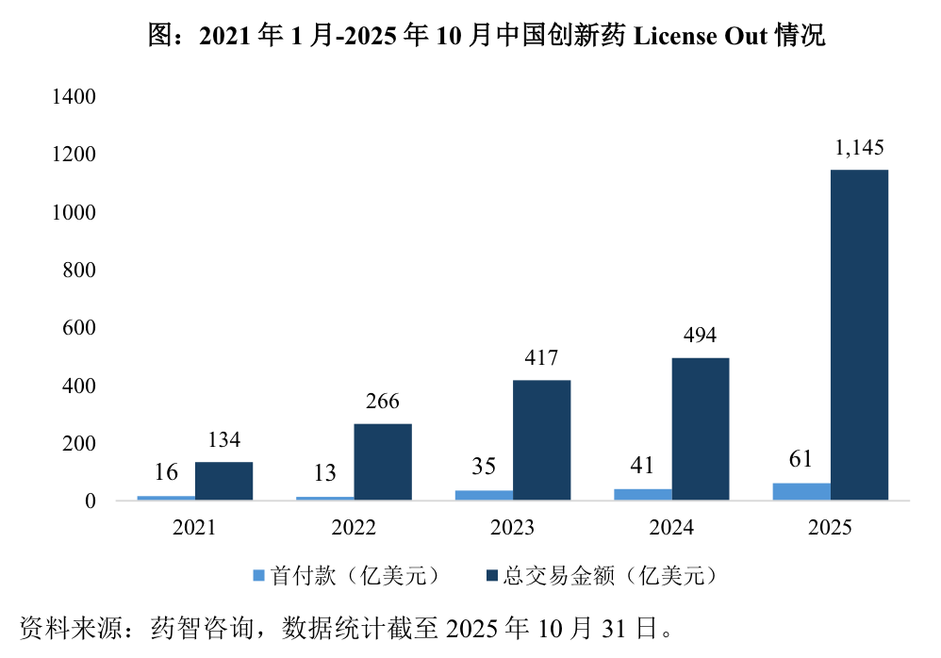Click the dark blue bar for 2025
(859, 335)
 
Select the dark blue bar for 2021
(223, 481)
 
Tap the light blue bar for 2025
(801, 491)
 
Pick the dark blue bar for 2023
(541, 439)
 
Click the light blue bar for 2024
(643, 494)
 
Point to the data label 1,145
(859, 148)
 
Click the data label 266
(382, 402)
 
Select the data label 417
(541, 358)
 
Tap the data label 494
(700, 336)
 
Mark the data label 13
(324, 473)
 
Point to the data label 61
(801, 460)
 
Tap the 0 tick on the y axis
(91, 502)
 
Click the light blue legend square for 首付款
(259, 576)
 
